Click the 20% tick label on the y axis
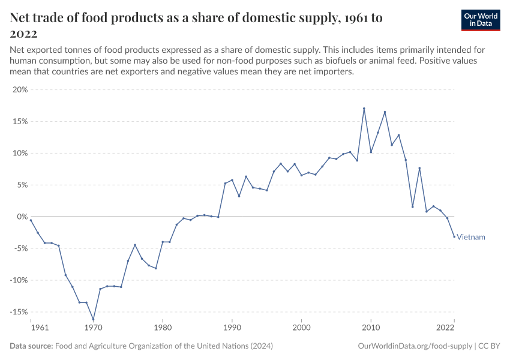19,89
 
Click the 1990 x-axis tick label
232,328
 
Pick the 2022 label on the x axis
445,328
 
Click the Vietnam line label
471,237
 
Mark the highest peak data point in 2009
364,109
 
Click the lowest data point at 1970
93,319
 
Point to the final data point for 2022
454,236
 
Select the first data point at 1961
31,220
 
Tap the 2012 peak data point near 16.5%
385,112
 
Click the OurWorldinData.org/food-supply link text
414,346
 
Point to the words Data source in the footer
31,346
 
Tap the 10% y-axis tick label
19,153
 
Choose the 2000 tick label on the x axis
301,328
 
